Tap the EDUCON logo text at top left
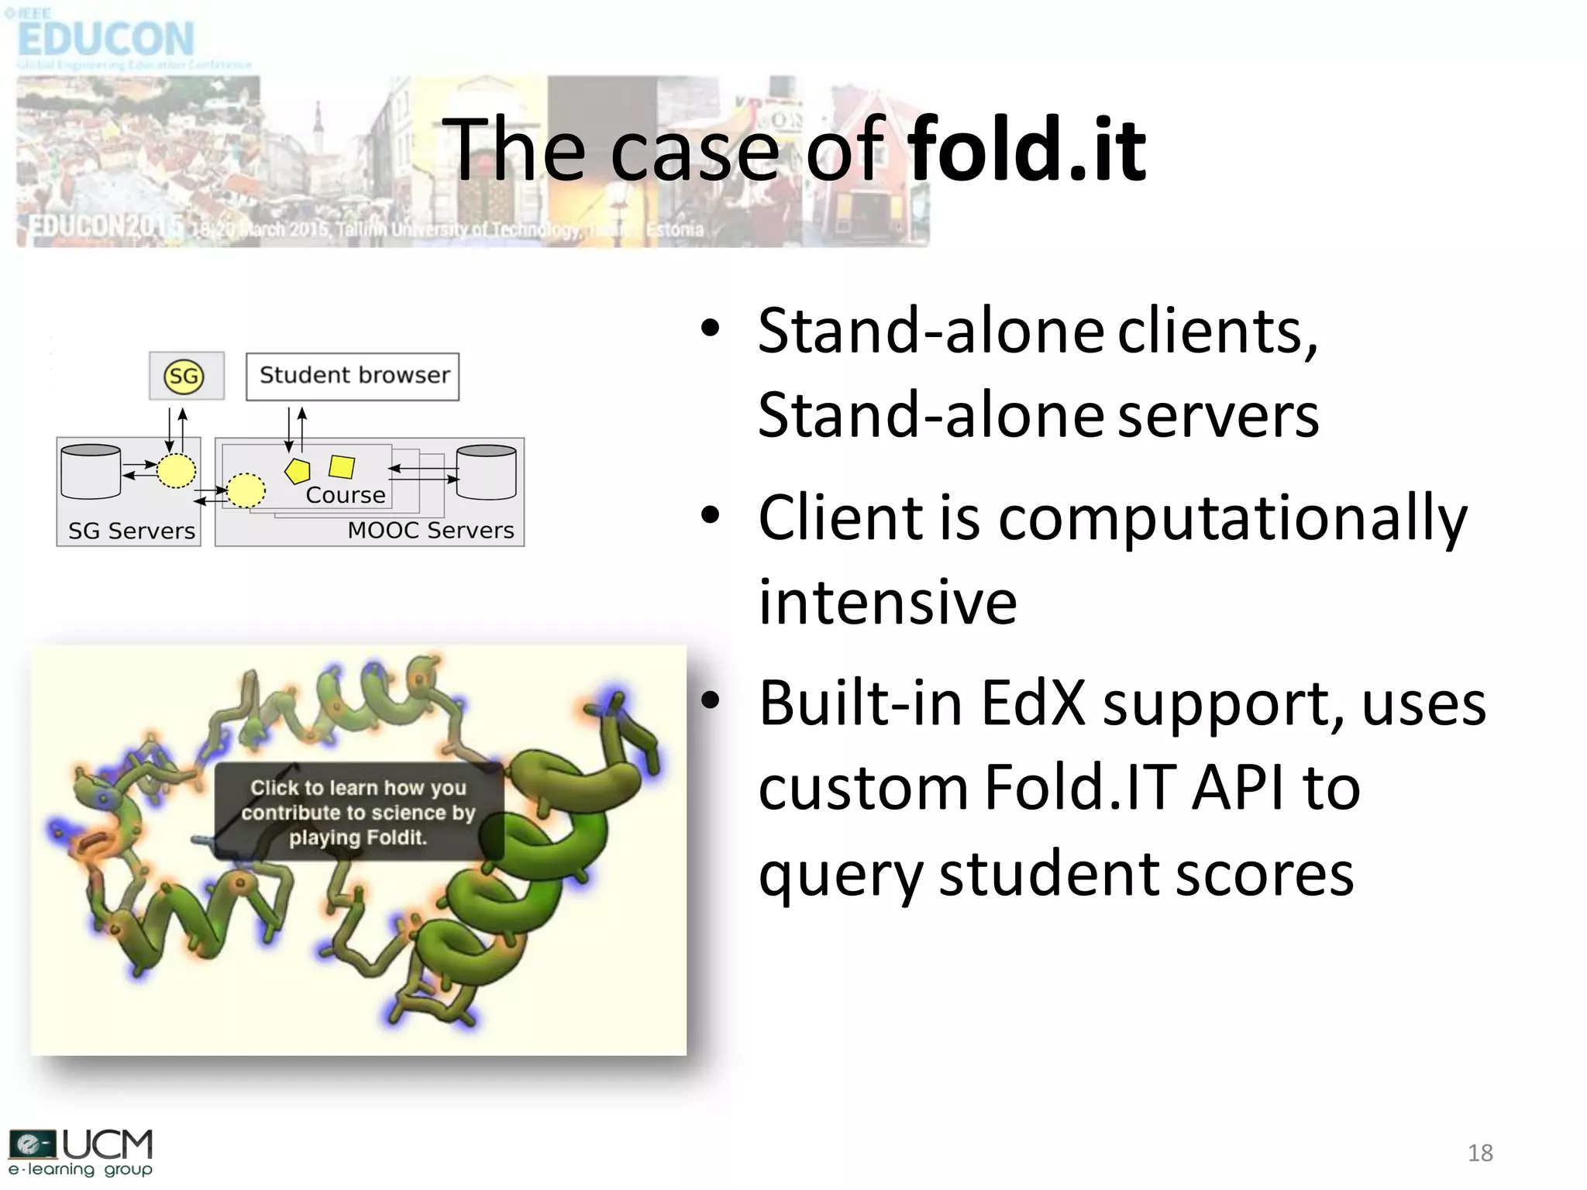[105, 39]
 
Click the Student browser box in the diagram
[353, 377]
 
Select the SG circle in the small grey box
[184, 377]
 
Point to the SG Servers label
[131, 531]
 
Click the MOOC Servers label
[430, 531]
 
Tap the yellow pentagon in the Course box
[298, 470]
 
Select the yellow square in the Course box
[342, 467]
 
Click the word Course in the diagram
[346, 495]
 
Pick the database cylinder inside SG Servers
[91, 472]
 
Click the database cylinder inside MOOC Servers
[487, 472]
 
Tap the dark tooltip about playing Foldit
[358, 812]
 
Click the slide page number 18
[1479, 1153]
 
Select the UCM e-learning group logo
[81, 1153]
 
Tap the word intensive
[887, 603]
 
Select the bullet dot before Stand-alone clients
[710, 328]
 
